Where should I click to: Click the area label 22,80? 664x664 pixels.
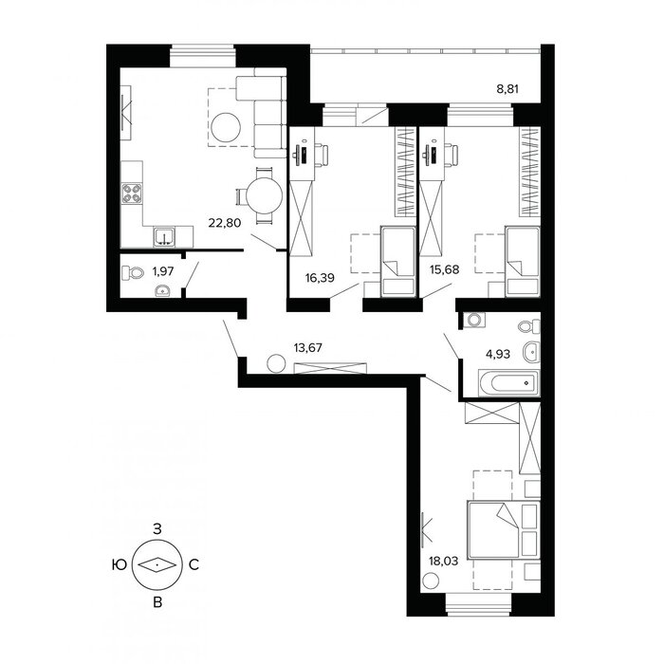[x=225, y=222]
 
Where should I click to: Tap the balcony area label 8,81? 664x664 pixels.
[x=507, y=89]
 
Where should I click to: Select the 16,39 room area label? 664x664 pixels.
[x=320, y=278]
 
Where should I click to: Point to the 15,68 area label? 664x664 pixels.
[x=444, y=269]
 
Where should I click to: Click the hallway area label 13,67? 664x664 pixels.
[x=308, y=348]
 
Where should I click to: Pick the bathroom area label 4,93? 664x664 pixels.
[x=498, y=354]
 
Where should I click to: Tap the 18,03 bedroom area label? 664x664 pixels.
[x=443, y=562]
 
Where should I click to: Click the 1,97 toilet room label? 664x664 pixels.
[x=163, y=271]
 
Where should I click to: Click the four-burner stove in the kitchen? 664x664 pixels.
[x=132, y=194]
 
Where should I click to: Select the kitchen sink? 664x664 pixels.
[x=164, y=237]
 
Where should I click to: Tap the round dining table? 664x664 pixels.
[x=264, y=195]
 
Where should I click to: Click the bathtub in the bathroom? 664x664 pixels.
[x=509, y=383]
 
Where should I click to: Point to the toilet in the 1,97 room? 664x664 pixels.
[x=133, y=273]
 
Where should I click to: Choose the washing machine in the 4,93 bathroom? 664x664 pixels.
[x=474, y=320]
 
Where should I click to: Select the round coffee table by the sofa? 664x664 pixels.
[x=226, y=127]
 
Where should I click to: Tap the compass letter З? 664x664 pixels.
[x=157, y=529]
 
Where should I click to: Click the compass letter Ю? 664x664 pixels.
[x=120, y=564]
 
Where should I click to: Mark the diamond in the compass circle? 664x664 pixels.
[x=157, y=564]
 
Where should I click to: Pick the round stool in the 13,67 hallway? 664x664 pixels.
[x=276, y=363]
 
